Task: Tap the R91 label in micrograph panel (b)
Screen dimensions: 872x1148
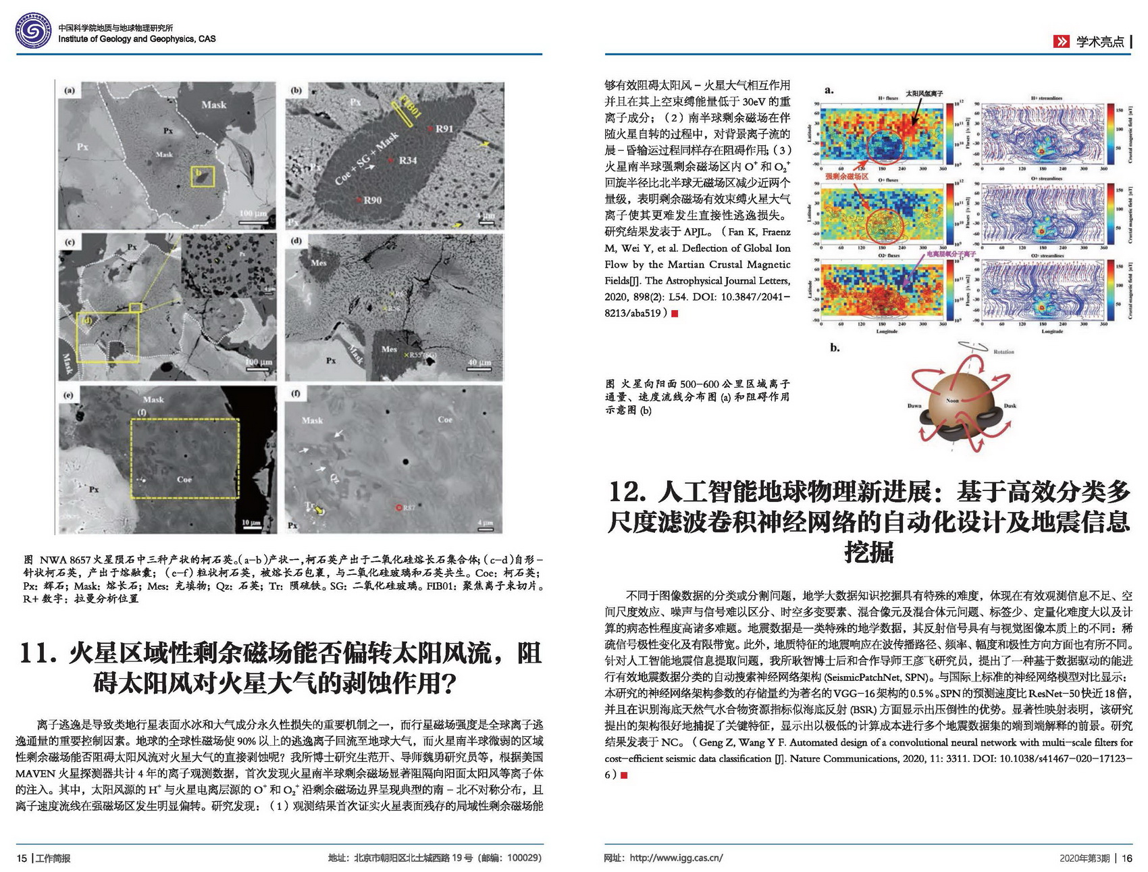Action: click(x=444, y=129)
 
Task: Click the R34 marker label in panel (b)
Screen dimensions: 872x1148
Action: click(x=407, y=160)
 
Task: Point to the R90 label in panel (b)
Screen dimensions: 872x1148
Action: click(x=372, y=200)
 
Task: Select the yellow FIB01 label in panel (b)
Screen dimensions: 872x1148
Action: click(x=411, y=106)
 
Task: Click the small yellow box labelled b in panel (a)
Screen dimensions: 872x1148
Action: click(x=203, y=176)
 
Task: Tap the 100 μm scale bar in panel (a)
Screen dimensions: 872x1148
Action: click(x=253, y=217)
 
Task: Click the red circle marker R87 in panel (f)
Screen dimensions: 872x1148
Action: click(x=400, y=507)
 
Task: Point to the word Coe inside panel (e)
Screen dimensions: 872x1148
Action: click(x=184, y=479)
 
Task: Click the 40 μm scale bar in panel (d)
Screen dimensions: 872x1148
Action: click(x=479, y=366)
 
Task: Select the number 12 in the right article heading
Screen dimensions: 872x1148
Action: click(x=627, y=492)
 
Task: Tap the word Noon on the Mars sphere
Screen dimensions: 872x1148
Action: click(x=952, y=401)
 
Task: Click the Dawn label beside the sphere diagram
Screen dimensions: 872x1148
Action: click(x=914, y=406)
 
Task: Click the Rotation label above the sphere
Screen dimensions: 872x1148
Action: click(x=1003, y=352)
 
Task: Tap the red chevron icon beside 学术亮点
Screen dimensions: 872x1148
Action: click(x=1061, y=42)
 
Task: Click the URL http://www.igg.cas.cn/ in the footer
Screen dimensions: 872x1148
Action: click(x=676, y=858)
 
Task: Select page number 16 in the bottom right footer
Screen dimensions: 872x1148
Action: click(x=1127, y=858)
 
